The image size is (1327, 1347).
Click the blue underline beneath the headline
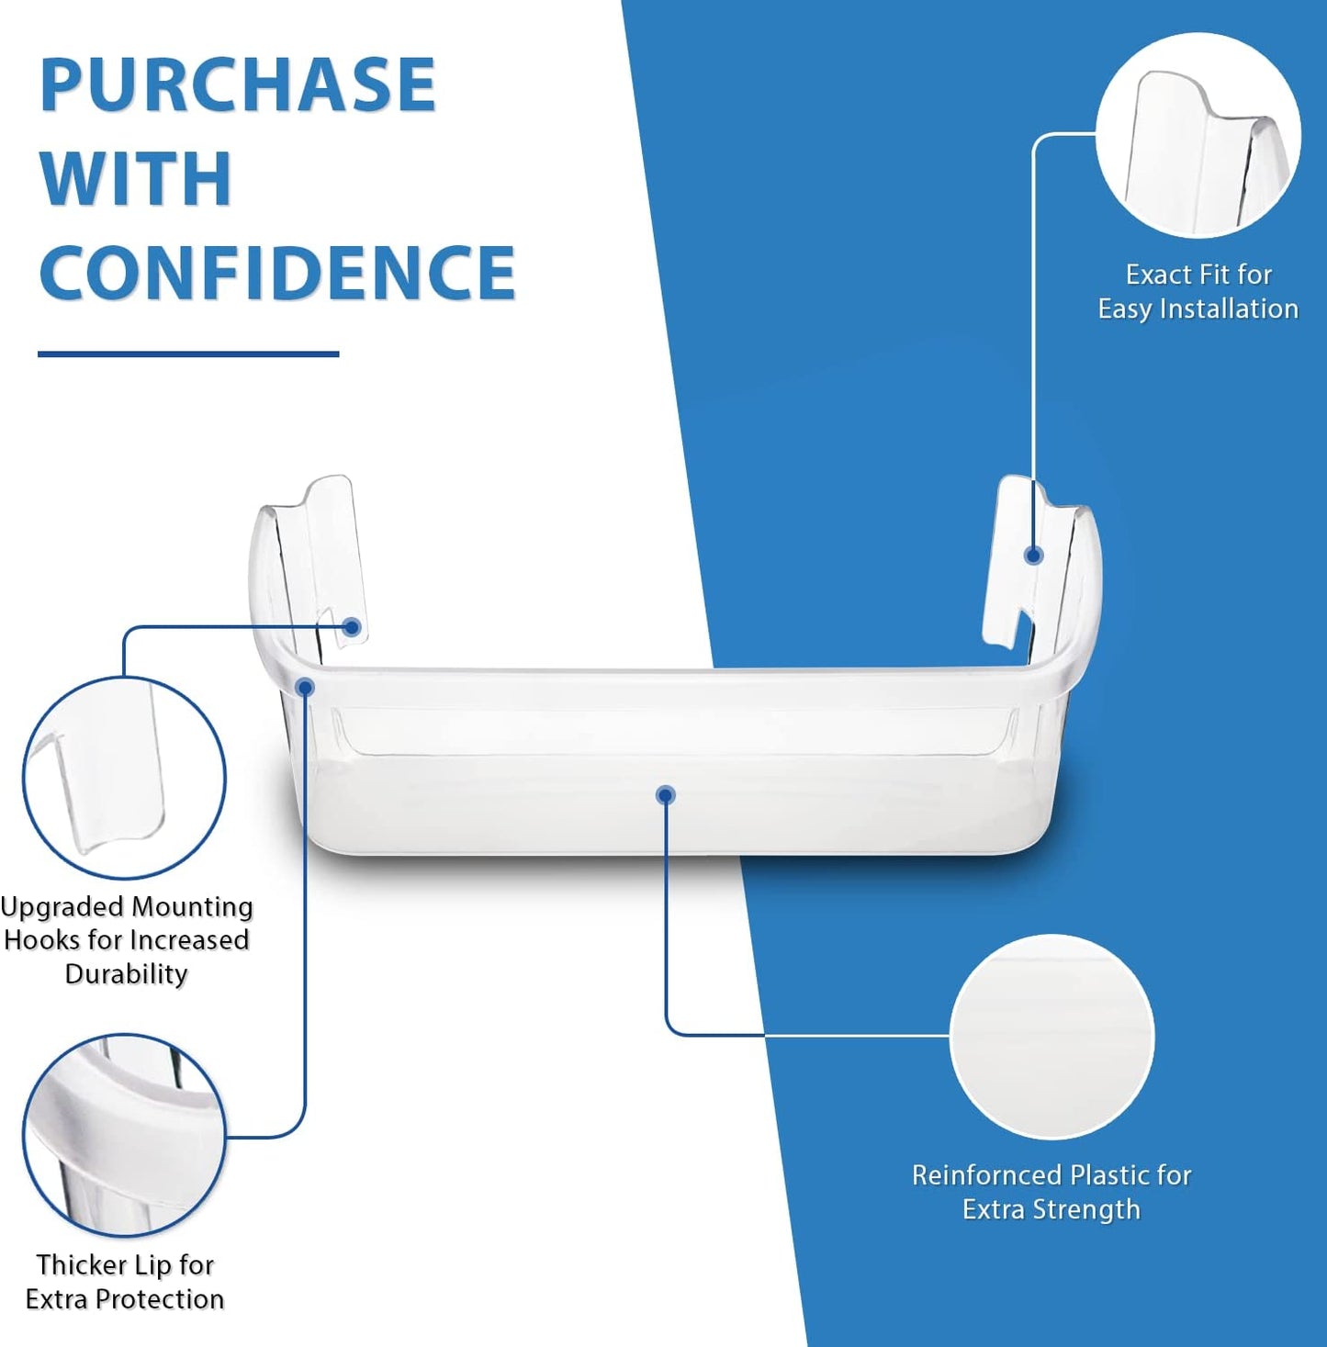(x=188, y=354)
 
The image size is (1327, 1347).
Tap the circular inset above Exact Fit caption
(x=1198, y=134)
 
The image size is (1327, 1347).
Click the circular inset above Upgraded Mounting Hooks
(x=125, y=778)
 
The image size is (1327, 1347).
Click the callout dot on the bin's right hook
(x=1033, y=556)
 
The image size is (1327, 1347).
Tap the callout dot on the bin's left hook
(x=353, y=627)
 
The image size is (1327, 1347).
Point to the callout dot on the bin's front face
(x=666, y=795)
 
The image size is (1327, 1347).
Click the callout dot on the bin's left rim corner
(x=305, y=688)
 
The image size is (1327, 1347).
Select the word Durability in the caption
(x=126, y=973)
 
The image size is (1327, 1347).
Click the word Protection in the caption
(x=160, y=1298)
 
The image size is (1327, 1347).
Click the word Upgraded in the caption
(x=62, y=907)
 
